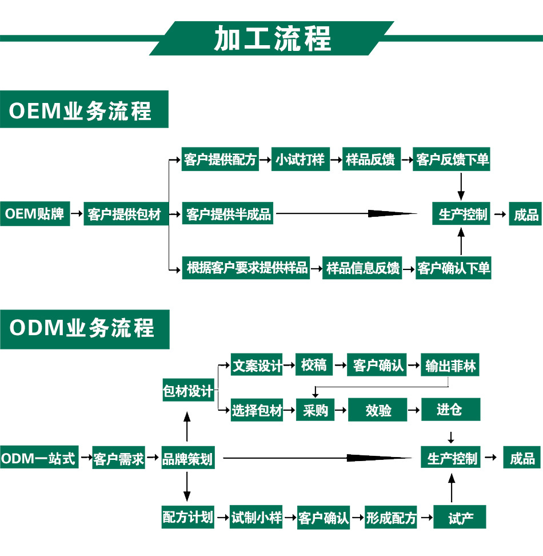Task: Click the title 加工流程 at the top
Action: tap(272, 38)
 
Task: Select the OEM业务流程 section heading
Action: tap(84, 110)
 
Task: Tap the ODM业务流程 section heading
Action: tap(85, 329)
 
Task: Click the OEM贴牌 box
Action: tap(35, 215)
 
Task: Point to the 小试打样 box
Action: tap(300, 160)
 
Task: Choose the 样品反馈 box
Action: tap(370, 160)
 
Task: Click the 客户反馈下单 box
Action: tap(453, 160)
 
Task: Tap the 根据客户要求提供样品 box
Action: tap(246, 268)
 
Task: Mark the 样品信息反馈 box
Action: tap(362, 268)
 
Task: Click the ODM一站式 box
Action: tap(38, 458)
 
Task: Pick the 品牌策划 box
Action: tap(187, 459)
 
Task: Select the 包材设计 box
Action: tap(187, 391)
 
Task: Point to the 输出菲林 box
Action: tap(450, 366)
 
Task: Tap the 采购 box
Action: tap(315, 410)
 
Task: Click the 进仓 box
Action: tap(450, 410)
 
